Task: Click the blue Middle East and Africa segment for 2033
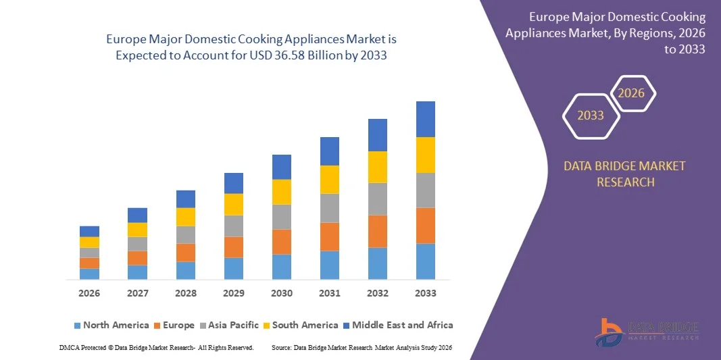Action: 425,119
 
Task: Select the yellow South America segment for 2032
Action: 377,167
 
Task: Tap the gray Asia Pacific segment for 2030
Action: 281,217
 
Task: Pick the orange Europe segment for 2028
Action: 186,253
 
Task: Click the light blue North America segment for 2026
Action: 89,274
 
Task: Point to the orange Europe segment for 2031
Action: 329,236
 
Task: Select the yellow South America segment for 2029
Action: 233,205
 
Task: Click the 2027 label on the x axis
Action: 137,293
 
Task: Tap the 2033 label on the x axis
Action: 425,293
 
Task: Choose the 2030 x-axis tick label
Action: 281,293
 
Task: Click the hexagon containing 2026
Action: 632,93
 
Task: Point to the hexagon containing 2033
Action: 590,115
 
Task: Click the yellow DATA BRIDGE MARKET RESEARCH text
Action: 624,174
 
